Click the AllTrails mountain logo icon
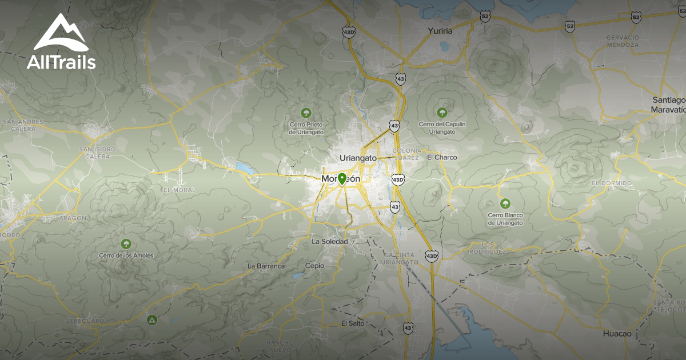(61, 33)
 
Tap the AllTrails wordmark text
(61, 62)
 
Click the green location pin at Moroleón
(342, 179)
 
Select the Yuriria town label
(440, 31)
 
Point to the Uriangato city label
(358, 158)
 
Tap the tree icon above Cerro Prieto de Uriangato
(306, 113)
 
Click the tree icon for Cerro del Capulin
(442, 113)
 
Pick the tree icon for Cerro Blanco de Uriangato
(505, 203)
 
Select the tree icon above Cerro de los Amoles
(126, 244)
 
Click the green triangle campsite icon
(151, 319)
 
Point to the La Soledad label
(329, 242)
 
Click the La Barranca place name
(266, 266)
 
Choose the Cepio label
(314, 266)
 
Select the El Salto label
(352, 323)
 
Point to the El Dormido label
(612, 183)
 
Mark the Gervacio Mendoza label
(622, 41)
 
